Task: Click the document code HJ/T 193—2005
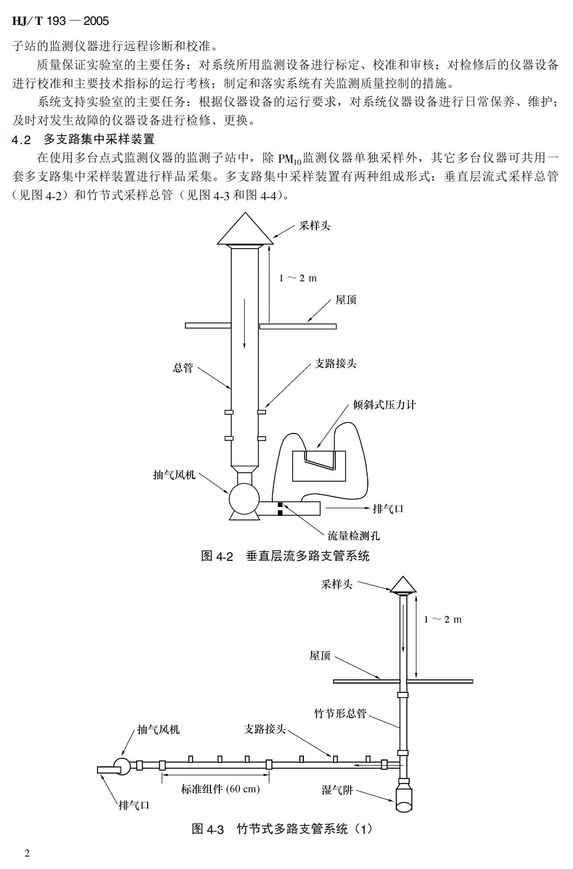pos(60,21)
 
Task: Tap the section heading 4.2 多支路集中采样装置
pos(83,139)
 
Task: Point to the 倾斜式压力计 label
pos(384,405)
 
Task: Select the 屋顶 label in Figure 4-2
pos(346,300)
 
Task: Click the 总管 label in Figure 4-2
pos(183,368)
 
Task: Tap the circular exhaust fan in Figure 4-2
pos(244,499)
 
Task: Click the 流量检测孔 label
pos(354,535)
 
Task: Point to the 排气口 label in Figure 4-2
pos(387,509)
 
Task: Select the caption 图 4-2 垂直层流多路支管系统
pos(285,556)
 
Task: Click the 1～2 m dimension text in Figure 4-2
pos(298,278)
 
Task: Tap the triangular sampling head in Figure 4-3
pos(403,585)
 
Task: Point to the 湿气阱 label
pos(337,790)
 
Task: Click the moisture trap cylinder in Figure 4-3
pos(405,798)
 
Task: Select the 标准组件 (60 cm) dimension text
pos(220,789)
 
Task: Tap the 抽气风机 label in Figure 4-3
pos(158,729)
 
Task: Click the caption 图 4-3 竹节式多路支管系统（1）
pos(282,829)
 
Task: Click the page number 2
pos(27,853)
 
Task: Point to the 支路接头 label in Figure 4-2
pos(335,364)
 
